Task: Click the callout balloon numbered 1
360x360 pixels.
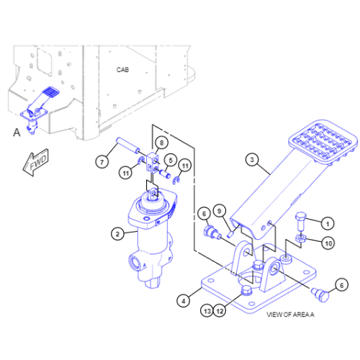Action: tap(328, 224)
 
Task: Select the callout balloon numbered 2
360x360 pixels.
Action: tap(117, 234)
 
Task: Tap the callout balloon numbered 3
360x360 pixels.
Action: tap(252, 160)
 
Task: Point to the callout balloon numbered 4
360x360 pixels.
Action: tap(184, 301)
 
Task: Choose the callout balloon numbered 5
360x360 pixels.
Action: tap(171, 161)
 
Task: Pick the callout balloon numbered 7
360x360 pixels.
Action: tap(102, 162)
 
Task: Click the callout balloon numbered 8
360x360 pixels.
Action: tap(161, 143)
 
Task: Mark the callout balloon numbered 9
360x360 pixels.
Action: tap(219, 211)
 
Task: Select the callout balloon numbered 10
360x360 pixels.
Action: tap(328, 243)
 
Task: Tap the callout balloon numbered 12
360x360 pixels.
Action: tap(220, 311)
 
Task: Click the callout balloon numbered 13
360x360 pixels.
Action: tap(207, 311)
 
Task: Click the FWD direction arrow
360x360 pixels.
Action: tap(35, 163)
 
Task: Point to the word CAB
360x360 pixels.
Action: tap(122, 70)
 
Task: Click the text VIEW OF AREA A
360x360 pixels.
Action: tap(290, 315)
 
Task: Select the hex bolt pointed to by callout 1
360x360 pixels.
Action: tap(300, 221)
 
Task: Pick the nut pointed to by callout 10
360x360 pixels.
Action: tap(300, 238)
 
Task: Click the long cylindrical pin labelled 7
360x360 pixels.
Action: tap(127, 145)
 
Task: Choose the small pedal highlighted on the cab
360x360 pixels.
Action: tap(40, 103)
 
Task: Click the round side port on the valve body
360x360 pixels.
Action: tap(135, 263)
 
